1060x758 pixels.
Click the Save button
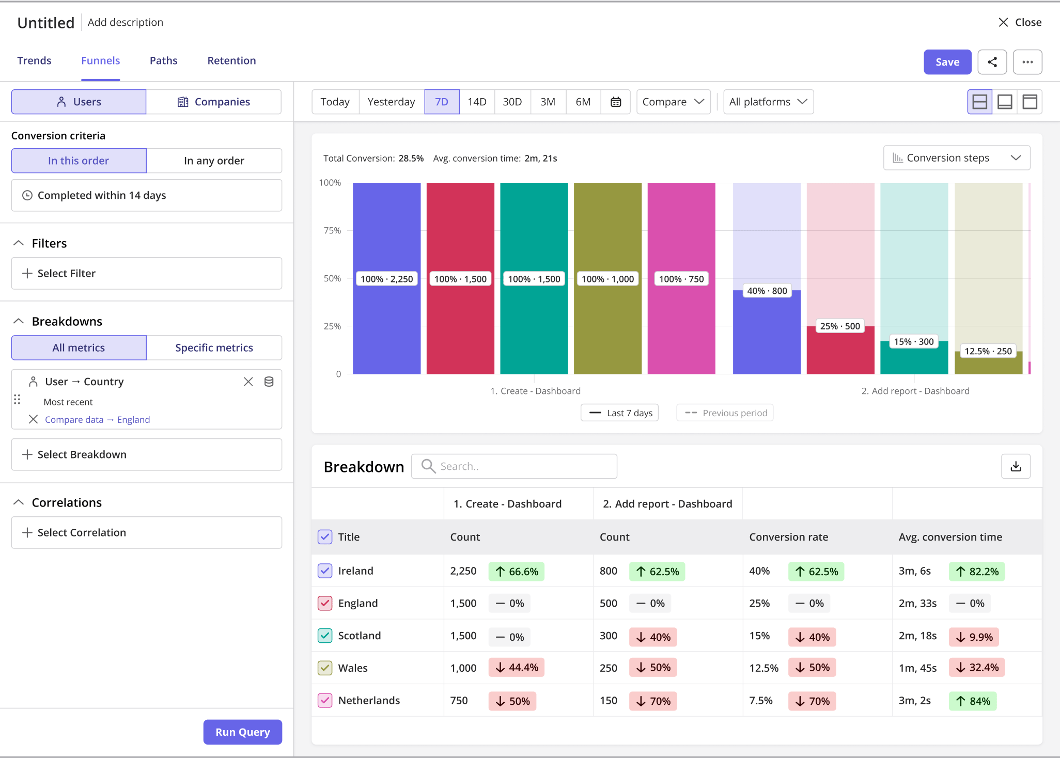coord(947,62)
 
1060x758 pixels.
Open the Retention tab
coord(231,60)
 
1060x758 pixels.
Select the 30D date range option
coord(512,102)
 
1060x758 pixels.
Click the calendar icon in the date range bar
coord(616,102)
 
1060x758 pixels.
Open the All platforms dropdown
coord(768,102)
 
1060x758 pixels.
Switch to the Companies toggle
coord(214,102)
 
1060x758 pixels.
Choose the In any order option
coord(214,161)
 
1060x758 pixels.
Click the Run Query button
coord(243,732)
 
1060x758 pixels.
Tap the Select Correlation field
coord(147,532)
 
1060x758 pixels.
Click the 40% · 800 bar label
coord(767,291)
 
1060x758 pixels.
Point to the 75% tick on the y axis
coord(332,230)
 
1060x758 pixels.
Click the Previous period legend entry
coord(725,413)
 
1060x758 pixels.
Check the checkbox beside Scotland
coord(325,636)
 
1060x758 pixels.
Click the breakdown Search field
coord(514,466)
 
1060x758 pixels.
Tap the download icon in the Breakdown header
coord(1016,466)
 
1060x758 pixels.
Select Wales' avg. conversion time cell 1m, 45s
coord(917,668)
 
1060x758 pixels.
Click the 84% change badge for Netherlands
coord(973,701)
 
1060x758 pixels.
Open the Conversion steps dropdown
coord(957,158)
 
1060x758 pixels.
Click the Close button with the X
coord(1020,22)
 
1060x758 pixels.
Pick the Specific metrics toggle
coord(214,348)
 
